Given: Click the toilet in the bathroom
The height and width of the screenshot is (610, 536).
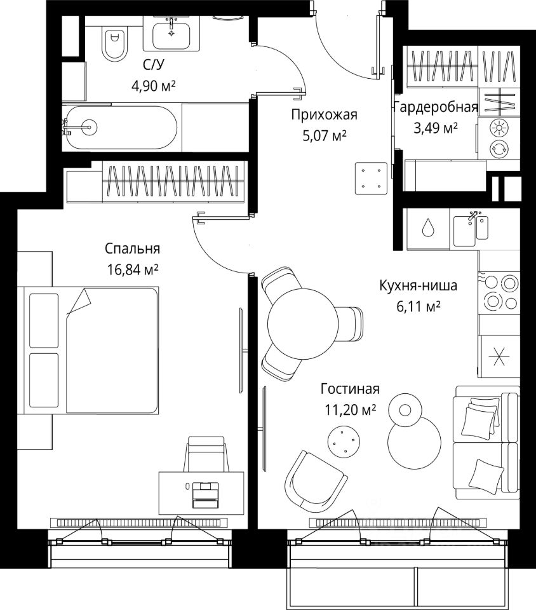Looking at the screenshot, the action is (x=114, y=41).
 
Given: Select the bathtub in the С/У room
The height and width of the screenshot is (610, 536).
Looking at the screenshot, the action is (x=121, y=127).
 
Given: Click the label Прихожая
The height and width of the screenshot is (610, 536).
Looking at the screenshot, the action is (x=325, y=115).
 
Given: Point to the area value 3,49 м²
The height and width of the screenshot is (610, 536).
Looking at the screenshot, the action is (x=436, y=128).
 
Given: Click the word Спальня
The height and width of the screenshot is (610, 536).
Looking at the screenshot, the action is (x=133, y=248).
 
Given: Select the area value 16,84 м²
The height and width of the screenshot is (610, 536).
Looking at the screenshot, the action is (x=133, y=270).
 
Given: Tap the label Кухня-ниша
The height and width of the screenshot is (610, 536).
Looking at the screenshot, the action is (x=417, y=286).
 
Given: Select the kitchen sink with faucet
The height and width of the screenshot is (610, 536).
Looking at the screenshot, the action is (x=471, y=229).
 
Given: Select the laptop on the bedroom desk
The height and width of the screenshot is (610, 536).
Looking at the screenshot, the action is (x=205, y=493).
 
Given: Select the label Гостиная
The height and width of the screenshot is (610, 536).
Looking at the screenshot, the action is (x=350, y=390).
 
